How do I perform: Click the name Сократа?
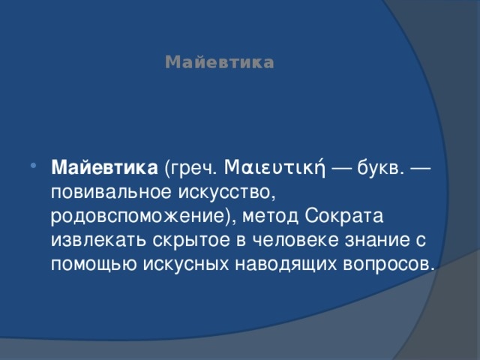(x=346, y=217)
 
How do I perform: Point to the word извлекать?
(x=94, y=241)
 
